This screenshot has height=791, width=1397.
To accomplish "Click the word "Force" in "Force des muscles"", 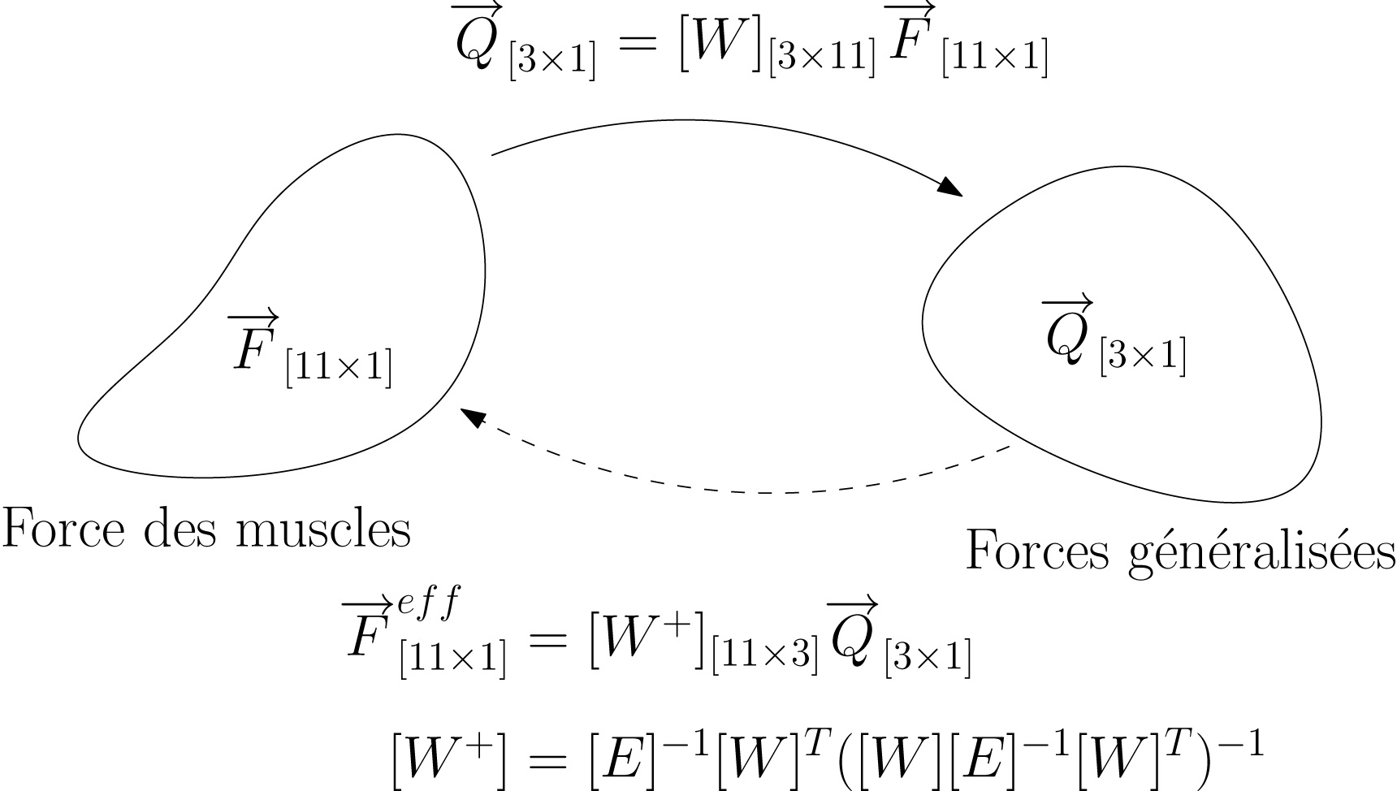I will click(63, 529).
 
